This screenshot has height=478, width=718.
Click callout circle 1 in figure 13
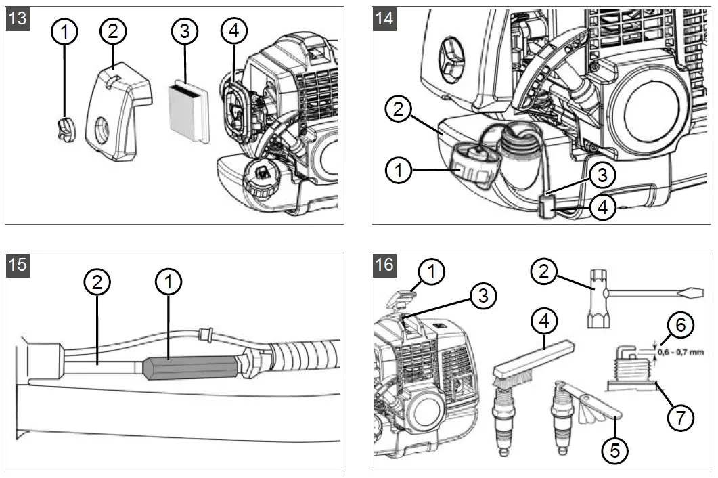[66, 31]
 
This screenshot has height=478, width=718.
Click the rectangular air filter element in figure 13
[187, 110]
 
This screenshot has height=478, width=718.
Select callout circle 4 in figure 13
[233, 31]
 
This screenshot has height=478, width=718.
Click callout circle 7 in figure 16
[681, 417]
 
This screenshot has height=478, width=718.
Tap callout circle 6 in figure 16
[681, 325]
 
